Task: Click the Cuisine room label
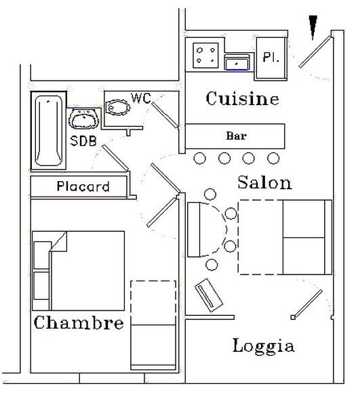click(x=242, y=98)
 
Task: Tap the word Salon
click(x=264, y=182)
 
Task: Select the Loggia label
click(x=263, y=346)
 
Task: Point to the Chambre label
click(x=79, y=322)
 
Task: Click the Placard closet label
click(x=83, y=186)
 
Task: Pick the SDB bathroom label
click(x=83, y=141)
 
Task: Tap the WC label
click(x=141, y=98)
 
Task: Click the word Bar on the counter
click(x=236, y=136)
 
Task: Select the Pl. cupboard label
click(x=271, y=57)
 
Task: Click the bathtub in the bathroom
click(x=49, y=131)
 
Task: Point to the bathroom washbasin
click(x=83, y=119)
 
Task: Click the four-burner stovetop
click(x=205, y=56)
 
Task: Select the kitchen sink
click(x=237, y=62)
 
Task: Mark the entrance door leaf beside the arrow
click(x=315, y=52)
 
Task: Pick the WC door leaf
click(x=165, y=115)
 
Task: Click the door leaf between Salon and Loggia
click(x=306, y=304)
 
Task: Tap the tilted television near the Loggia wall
click(x=209, y=295)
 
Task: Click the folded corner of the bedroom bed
click(x=59, y=241)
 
